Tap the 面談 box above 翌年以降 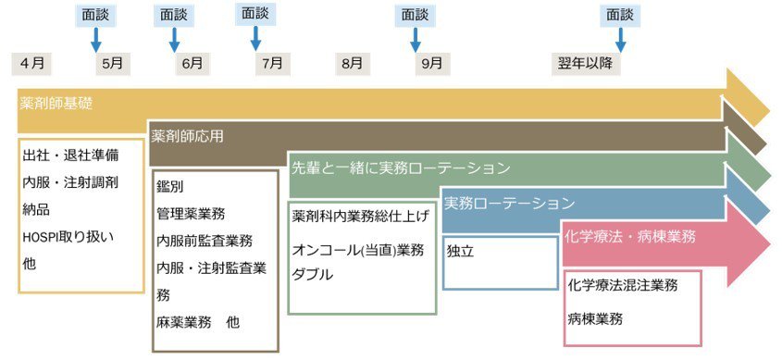tap(620, 15)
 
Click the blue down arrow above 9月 tap(415, 39)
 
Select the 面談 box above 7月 tap(254, 14)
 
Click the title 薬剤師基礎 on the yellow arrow tap(56, 103)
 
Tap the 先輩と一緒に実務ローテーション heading tap(401, 168)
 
